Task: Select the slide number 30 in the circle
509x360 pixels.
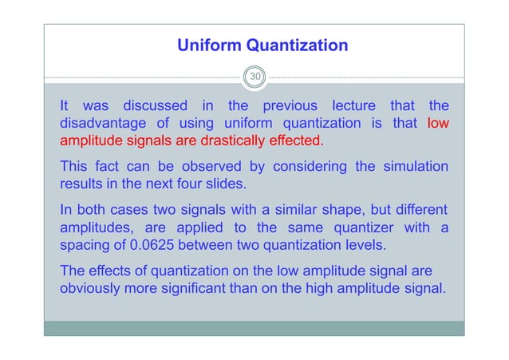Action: click(x=255, y=77)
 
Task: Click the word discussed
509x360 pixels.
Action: click(x=155, y=105)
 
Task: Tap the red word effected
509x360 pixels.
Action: click(x=294, y=142)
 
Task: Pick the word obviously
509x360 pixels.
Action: click(x=93, y=288)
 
